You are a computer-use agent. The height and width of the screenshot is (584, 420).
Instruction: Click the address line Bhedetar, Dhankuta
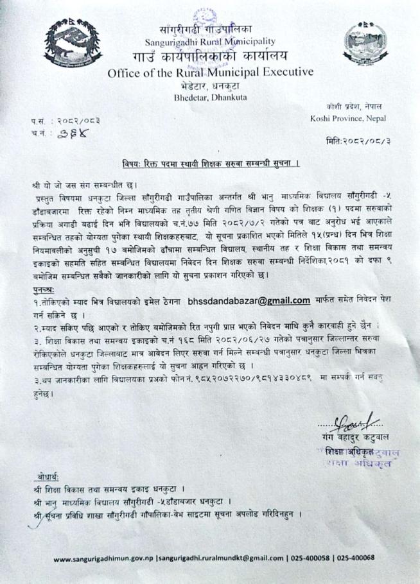coord(210,98)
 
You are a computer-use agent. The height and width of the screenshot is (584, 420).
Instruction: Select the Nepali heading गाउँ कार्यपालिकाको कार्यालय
coord(211,56)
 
